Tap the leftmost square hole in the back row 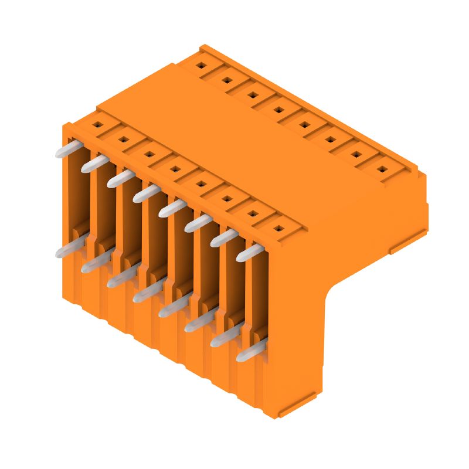[x=200, y=66]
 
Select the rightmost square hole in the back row [x=382, y=169]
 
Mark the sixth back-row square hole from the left [x=330, y=140]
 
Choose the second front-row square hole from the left [x=124, y=140]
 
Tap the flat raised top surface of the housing [x=246, y=147]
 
